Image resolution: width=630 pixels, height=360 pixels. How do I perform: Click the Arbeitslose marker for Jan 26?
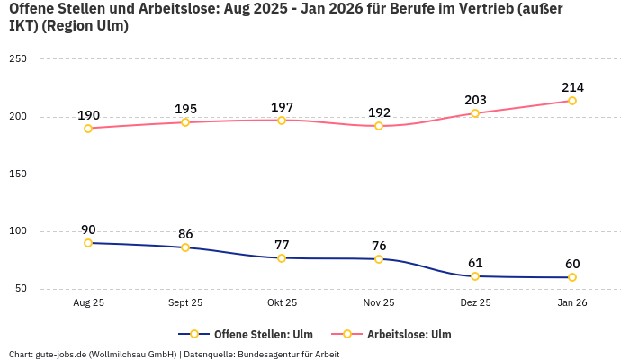pos(571,101)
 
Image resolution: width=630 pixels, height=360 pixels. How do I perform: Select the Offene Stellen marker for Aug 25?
pos(88,243)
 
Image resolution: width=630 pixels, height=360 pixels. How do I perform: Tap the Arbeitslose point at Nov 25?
pos(378,126)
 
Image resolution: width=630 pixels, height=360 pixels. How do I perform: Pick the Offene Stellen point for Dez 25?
pos(475,276)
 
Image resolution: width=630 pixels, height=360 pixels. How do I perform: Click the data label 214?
pos(572,87)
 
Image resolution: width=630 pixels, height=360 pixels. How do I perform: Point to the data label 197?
pos(282,107)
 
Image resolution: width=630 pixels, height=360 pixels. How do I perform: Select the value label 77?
pos(282,245)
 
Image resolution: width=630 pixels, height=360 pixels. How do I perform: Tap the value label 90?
pos(88,229)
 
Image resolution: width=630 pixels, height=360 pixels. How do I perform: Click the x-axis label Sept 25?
pos(185,303)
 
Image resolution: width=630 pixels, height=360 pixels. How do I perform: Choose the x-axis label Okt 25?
pos(282,303)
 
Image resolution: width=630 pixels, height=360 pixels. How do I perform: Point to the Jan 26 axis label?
pos(571,303)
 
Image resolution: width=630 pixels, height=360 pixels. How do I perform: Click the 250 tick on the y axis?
pos(18,59)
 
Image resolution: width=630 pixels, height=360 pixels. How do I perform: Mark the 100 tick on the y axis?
pos(18,231)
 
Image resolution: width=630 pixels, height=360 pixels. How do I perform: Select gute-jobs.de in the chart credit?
pos(63,354)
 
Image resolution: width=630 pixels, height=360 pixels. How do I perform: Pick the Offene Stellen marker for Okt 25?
pos(282,258)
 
